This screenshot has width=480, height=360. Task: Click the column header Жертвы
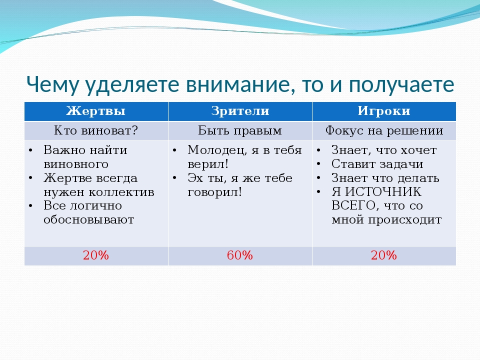tap(96, 111)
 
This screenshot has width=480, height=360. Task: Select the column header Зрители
tap(240, 111)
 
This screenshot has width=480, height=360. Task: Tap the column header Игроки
tap(384, 111)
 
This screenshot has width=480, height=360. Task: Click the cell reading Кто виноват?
tap(96, 130)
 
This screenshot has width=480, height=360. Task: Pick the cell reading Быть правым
tap(240, 130)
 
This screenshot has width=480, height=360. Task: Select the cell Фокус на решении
tap(384, 130)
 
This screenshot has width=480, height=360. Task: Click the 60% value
tap(240, 255)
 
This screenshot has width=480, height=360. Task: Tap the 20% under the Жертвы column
tap(96, 255)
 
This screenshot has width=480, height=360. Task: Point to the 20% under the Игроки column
tap(384, 255)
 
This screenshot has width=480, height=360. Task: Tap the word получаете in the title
tap(401, 85)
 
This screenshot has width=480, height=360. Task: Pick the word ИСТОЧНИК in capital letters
tap(383, 192)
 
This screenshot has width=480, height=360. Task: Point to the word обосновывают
tap(89, 220)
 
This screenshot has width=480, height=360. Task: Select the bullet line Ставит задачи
tap(377, 164)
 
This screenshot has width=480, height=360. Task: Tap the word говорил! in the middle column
tap(214, 192)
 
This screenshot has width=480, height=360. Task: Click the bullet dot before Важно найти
tap(30, 150)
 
